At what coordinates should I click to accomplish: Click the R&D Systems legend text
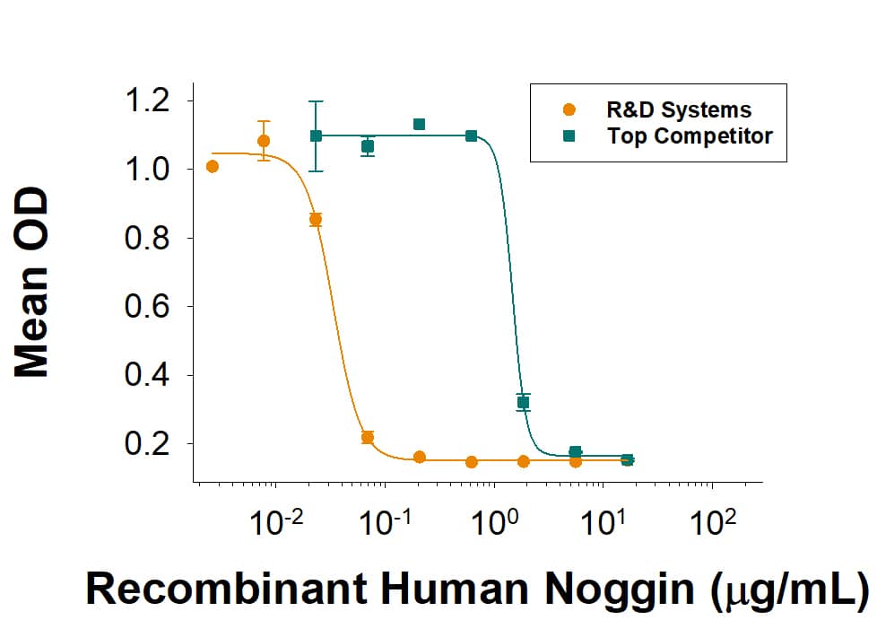coord(678,110)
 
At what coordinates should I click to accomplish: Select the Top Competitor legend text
coord(689,136)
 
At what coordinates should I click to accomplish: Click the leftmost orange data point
coord(213,166)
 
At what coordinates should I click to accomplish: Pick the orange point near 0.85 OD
coord(316,219)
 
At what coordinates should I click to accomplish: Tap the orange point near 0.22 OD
coord(367,437)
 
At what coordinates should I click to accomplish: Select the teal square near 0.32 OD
coord(524,402)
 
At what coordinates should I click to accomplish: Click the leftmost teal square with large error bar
coord(316,135)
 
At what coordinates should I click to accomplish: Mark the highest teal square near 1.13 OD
coord(419,124)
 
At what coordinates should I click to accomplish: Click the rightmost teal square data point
coord(628,459)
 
